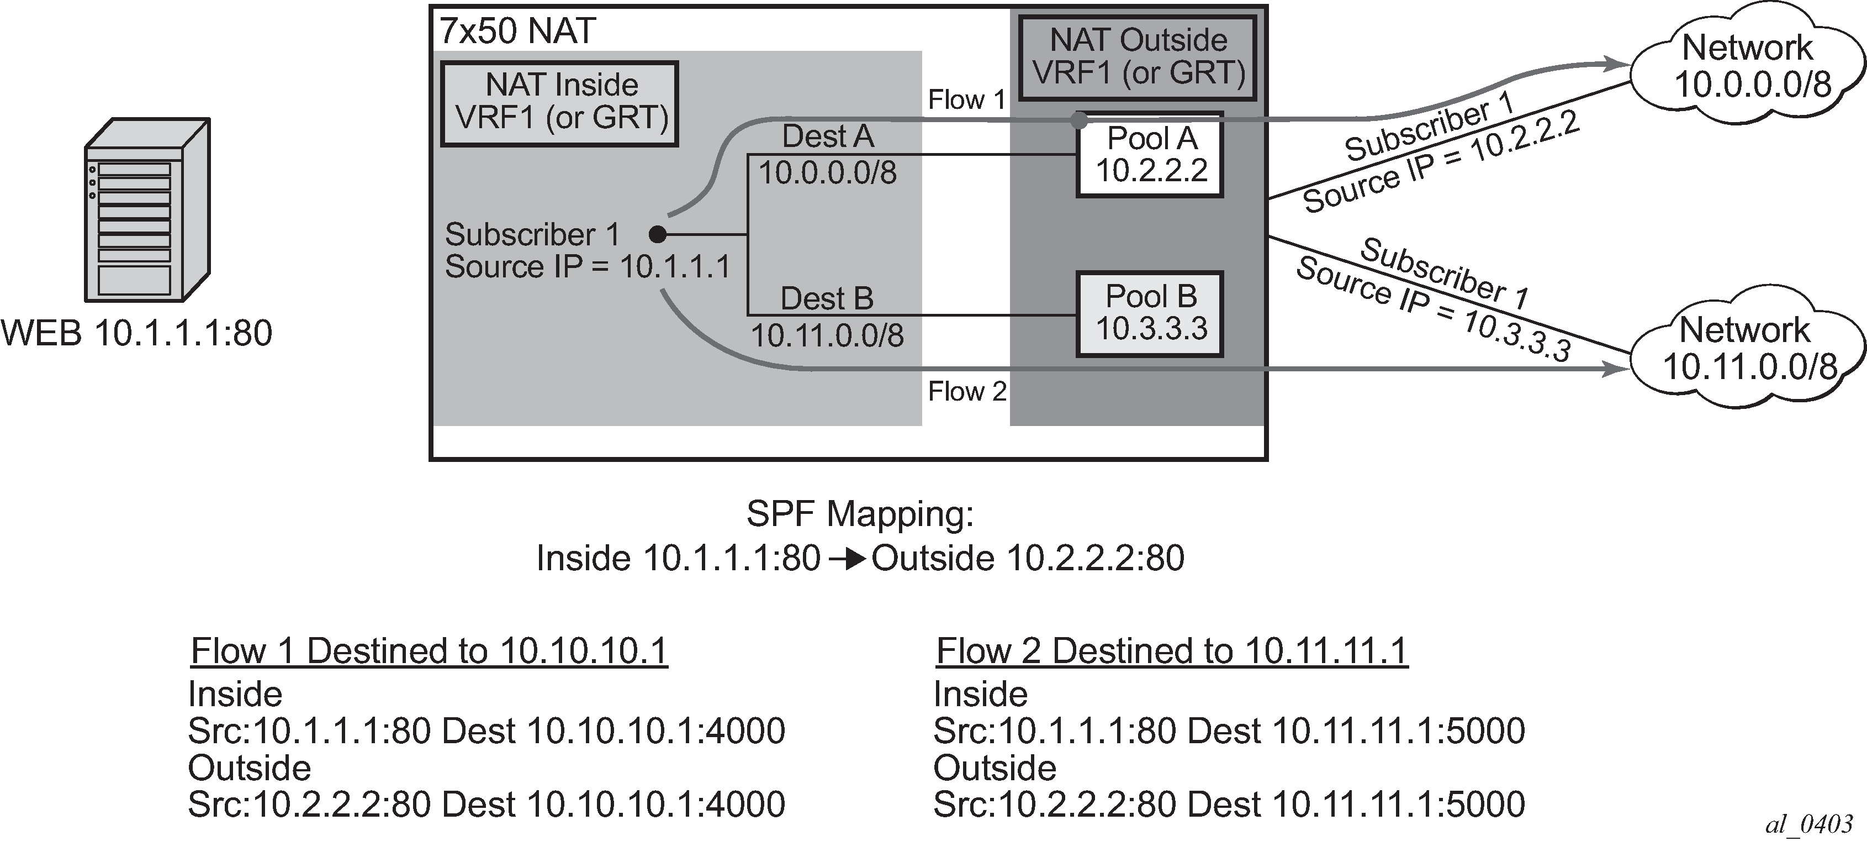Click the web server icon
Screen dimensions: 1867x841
(147, 209)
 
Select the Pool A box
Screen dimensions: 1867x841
(1150, 154)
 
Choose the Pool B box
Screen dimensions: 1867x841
(1150, 314)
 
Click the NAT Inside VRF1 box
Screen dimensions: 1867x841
(559, 104)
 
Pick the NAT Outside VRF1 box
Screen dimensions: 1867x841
(1138, 57)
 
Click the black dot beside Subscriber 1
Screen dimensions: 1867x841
(657, 234)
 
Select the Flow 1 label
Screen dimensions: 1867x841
(967, 100)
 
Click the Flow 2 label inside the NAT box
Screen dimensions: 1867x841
(967, 392)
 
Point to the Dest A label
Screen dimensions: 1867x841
(828, 136)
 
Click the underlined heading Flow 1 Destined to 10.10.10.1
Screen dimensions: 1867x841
(429, 651)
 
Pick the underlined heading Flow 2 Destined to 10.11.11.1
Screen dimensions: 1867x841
(1172, 651)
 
